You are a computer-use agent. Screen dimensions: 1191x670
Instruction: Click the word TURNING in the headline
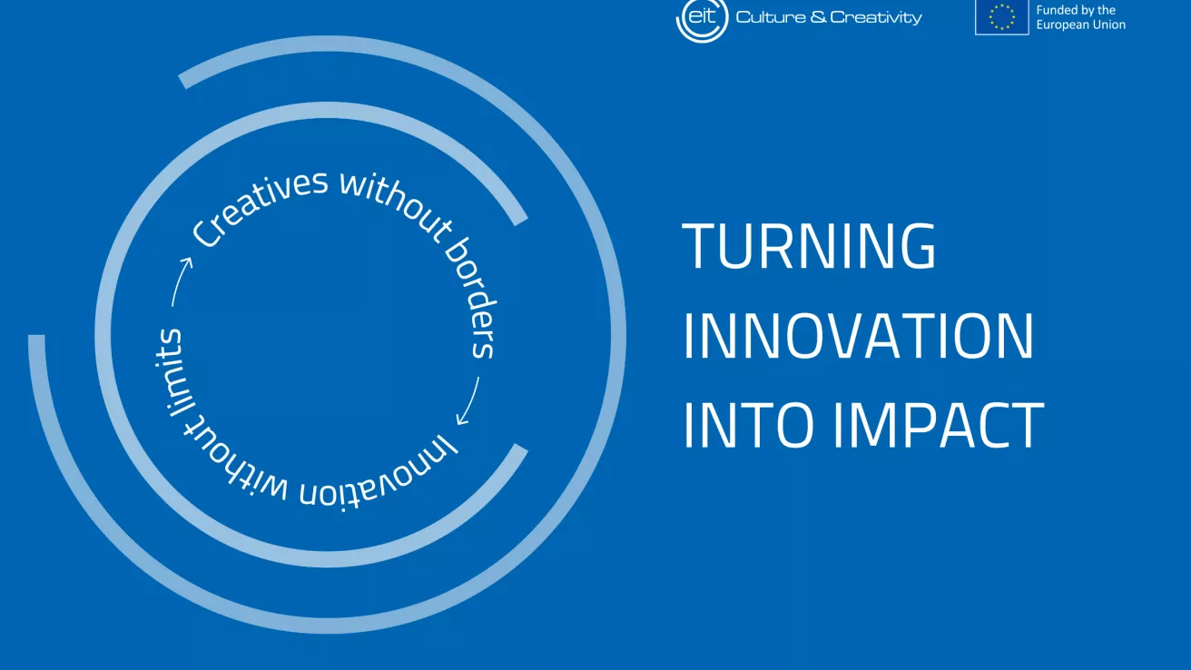coord(808,246)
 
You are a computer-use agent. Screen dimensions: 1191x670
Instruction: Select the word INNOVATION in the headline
coord(858,336)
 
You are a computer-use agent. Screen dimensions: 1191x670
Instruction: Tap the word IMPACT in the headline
coord(938,426)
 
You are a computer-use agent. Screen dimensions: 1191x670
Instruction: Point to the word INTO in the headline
coord(749,426)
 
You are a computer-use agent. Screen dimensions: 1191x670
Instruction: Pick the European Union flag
coord(1001,17)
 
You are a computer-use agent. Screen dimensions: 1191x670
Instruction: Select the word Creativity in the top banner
coord(876,18)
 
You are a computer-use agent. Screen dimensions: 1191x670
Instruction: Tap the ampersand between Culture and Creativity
coord(818,17)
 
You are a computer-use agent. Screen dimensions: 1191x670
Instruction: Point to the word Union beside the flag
coord(1109,25)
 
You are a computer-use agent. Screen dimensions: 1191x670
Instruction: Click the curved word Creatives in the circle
coord(259,206)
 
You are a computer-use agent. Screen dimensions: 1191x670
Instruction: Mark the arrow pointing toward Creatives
coord(181,281)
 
